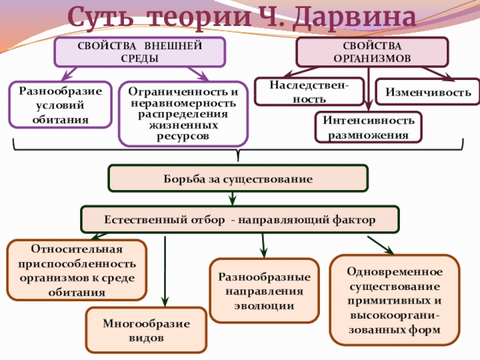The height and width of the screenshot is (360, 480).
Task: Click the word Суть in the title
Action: coord(96,18)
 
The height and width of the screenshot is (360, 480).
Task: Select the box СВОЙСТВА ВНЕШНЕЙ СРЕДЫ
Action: coord(140,52)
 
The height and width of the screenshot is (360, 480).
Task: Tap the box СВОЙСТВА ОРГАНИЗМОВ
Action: coord(372,52)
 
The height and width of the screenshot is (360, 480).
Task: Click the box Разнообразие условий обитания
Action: coord(61,105)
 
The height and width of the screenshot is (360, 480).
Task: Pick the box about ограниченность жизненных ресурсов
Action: coord(183,114)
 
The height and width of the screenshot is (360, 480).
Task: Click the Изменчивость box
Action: coord(428,92)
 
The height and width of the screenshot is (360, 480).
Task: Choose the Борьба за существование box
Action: coord(238,179)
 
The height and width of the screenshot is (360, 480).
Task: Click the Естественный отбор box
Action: coord(239,220)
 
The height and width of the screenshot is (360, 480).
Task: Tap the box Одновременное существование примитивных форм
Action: coord(394,300)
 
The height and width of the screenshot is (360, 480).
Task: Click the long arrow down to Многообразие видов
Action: coord(164,270)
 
